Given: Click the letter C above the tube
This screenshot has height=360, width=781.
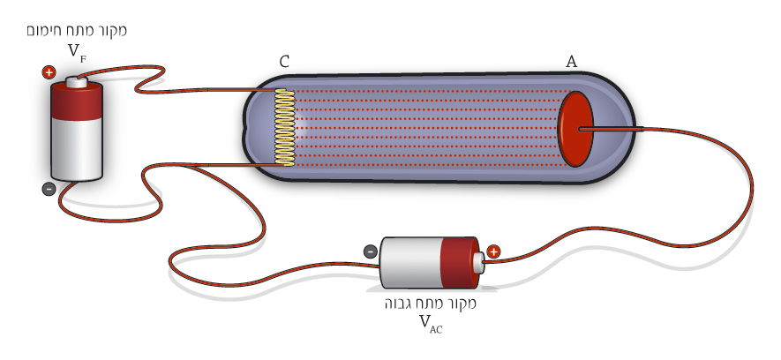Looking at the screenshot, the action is (x=284, y=62).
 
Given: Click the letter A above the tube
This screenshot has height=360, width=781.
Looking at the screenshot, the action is (x=571, y=62).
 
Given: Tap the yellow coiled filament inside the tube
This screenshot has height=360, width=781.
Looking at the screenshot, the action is (x=285, y=127).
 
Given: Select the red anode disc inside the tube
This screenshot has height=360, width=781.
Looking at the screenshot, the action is (x=575, y=129).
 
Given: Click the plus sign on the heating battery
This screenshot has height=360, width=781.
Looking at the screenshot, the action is (x=49, y=72).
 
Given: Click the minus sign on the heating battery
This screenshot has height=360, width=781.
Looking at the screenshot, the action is (x=49, y=189).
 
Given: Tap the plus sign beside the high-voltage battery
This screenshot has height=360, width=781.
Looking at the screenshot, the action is (x=493, y=252).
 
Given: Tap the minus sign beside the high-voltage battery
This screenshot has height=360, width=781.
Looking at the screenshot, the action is (x=370, y=251).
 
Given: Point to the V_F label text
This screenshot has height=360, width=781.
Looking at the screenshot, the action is (x=77, y=52).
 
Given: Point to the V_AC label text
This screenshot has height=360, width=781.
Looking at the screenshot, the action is (x=431, y=324).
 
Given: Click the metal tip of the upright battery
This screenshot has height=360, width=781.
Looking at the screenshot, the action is (x=77, y=82).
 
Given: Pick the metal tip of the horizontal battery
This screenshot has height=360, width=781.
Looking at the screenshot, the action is (x=479, y=262).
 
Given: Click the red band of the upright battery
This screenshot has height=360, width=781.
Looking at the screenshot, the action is (x=77, y=102).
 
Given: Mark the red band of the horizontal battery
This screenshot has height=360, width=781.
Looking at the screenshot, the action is (x=460, y=263).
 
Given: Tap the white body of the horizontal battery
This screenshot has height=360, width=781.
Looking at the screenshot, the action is (x=410, y=263).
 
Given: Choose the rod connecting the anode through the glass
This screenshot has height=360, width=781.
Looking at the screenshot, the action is (x=611, y=130).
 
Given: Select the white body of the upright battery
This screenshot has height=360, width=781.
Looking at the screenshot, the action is (x=77, y=150).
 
